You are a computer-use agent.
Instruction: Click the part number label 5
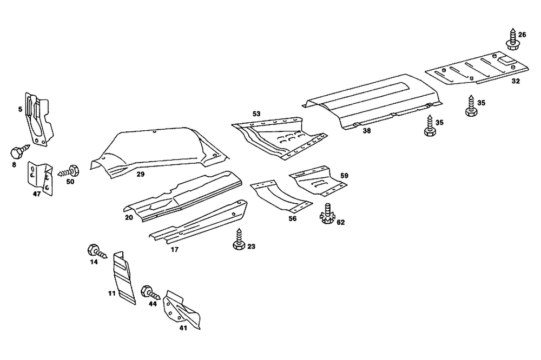[x=20, y=109]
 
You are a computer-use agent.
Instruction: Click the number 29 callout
[x=140, y=175]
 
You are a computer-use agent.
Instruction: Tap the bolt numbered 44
[x=149, y=293]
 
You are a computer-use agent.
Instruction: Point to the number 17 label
[x=174, y=250]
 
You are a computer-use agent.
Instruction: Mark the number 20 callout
[x=129, y=217]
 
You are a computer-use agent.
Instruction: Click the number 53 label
[x=256, y=114]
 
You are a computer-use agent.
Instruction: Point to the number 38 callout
[x=367, y=131]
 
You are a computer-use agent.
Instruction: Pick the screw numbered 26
[x=511, y=41]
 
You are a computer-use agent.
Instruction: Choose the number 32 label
[x=515, y=81]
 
